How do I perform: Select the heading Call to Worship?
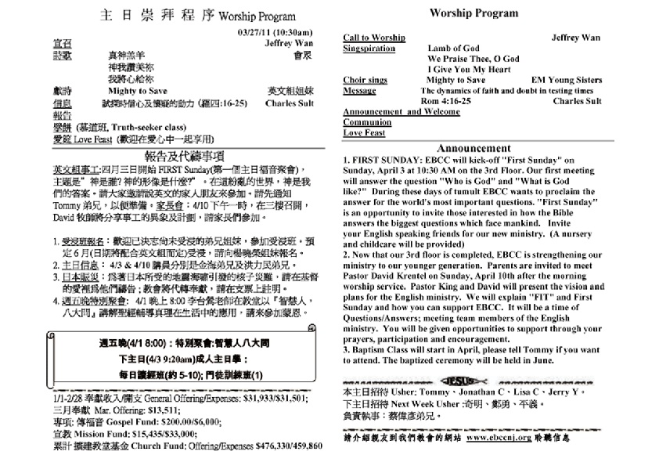(374, 38)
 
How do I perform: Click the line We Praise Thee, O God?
(473, 59)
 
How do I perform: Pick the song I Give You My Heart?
(467, 69)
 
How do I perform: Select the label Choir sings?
(366, 80)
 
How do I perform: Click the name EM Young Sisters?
(566, 80)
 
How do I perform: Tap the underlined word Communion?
(367, 122)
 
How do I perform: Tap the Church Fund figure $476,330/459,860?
(289, 446)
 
